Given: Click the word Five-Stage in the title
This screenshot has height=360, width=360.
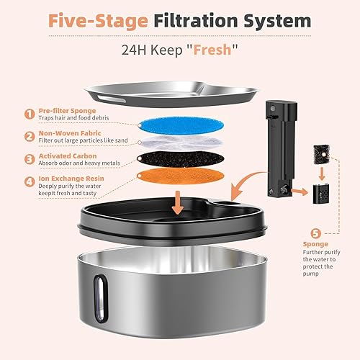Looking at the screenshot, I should (94, 21).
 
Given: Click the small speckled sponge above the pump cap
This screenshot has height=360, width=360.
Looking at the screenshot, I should (319, 153).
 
